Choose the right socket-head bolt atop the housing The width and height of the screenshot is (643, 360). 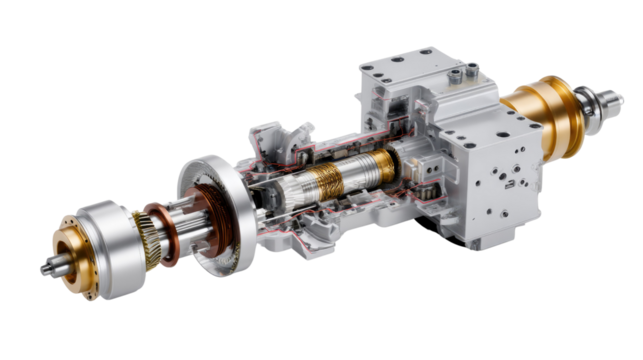click(473, 69)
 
